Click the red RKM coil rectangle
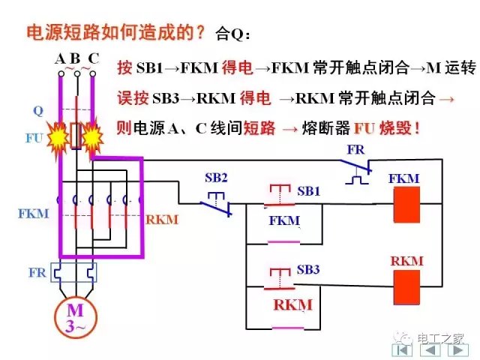406,286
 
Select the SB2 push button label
217,178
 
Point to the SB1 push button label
308,191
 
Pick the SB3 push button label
308,268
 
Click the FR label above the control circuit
356,150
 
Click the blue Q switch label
37,110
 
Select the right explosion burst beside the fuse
93,136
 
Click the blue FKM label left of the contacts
33,213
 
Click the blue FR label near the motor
37,272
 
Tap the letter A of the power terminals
60,58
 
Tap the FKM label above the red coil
405,178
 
